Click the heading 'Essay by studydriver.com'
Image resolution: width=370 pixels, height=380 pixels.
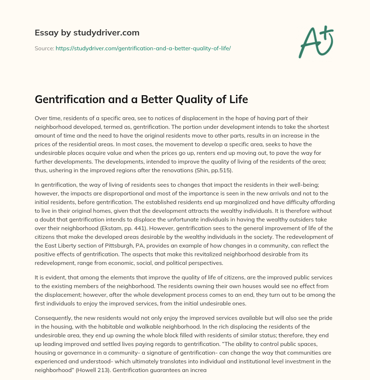point(87,33)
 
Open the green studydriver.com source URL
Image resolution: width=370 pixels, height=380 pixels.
point(143,48)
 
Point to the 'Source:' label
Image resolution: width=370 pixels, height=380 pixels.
point(44,48)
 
